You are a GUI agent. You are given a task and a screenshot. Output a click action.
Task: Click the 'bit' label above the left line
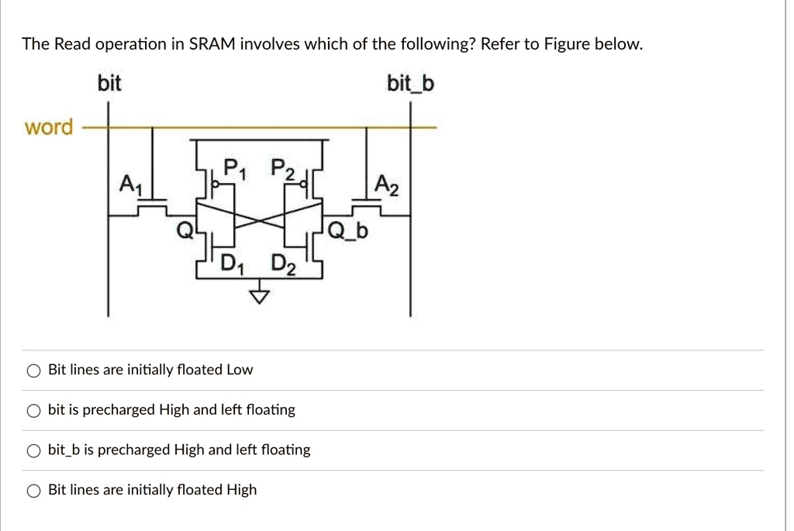[109, 83]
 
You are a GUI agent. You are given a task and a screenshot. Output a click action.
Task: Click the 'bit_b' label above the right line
[411, 83]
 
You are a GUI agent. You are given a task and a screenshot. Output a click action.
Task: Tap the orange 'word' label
[48, 127]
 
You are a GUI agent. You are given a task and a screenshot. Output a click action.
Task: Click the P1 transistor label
[233, 167]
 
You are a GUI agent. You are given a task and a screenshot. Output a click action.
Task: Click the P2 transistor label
[282, 169]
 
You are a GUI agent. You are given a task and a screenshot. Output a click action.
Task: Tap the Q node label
[185, 230]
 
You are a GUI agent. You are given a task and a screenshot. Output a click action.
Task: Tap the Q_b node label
[350, 231]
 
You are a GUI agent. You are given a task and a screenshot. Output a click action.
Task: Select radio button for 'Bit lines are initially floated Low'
[33, 371]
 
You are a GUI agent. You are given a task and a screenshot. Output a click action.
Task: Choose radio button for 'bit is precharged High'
[33, 411]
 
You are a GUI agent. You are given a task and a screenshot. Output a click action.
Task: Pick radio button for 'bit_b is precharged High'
[33, 450]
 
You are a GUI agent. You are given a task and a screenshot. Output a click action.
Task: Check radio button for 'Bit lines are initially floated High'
[33, 491]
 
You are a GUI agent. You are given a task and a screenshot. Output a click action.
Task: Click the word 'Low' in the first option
[240, 370]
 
